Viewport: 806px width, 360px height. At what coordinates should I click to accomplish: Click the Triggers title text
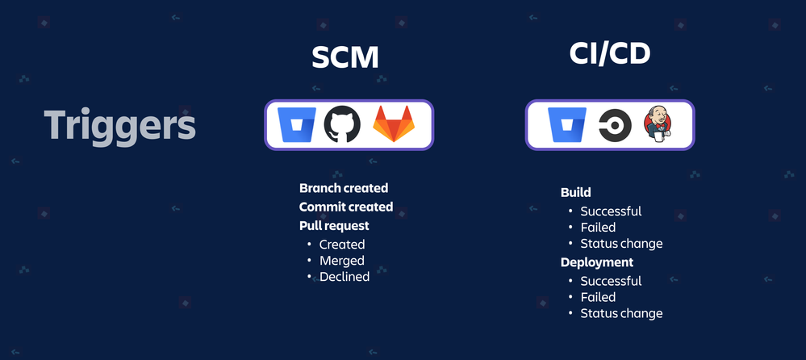point(119,125)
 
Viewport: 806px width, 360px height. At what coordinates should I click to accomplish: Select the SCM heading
point(345,57)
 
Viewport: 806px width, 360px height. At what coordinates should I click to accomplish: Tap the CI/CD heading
point(610,53)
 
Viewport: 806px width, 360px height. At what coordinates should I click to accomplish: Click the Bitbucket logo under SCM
point(297,125)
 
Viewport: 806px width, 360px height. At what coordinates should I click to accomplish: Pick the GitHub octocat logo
point(342,124)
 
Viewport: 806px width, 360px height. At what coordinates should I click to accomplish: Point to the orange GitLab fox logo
point(393,123)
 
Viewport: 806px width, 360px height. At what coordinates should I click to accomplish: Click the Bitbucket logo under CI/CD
point(567,125)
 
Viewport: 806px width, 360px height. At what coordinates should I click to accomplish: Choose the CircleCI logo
point(615,125)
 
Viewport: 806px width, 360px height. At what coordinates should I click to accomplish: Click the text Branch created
point(344,188)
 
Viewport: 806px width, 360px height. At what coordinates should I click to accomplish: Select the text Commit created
point(346,207)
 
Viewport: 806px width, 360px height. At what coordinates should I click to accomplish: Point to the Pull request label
point(334,226)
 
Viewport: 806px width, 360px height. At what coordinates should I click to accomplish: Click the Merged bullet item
point(342,261)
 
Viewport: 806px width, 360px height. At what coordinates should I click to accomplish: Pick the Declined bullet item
point(345,277)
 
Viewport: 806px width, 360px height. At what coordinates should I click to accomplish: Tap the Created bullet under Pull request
point(342,245)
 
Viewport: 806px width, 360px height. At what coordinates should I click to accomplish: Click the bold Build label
point(576,192)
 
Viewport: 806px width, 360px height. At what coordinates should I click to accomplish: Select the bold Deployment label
point(597,262)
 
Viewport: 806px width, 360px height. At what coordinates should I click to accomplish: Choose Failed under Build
point(598,228)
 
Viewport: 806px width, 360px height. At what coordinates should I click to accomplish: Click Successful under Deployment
point(612,282)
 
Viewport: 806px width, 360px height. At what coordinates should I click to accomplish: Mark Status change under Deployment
point(621,313)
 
